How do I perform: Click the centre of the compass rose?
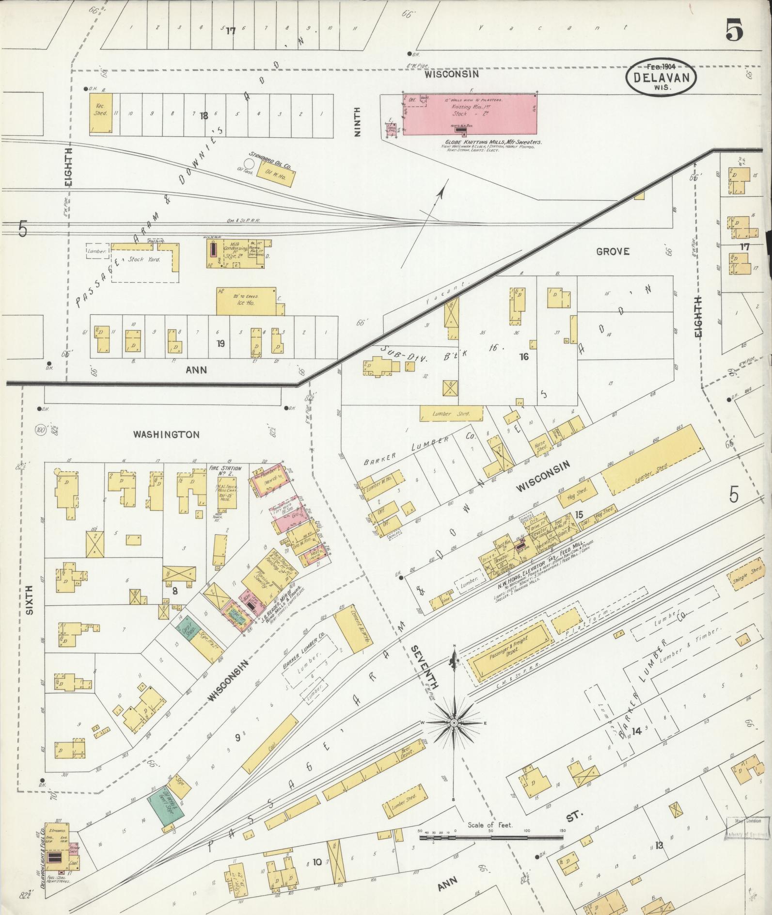(454, 723)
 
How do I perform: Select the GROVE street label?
(613, 251)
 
